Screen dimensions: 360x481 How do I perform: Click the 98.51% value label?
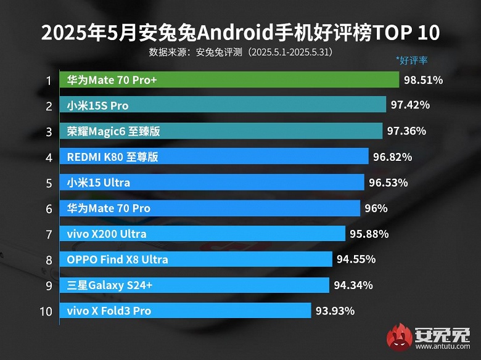pos(423,80)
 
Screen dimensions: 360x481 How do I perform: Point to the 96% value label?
pos(376,208)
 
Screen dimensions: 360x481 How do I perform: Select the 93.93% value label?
pos(335,311)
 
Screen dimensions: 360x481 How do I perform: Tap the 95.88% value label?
pos(368,234)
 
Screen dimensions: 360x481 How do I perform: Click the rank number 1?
pos(47,80)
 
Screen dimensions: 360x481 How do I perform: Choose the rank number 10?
pos(46,311)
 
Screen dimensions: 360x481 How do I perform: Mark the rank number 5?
pos(47,182)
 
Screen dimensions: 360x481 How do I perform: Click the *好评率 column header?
pos(412,60)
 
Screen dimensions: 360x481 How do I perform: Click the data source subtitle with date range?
pos(240,52)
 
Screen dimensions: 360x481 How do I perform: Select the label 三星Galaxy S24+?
pos(110,285)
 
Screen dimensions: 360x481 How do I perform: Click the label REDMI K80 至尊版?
pos(112,157)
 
